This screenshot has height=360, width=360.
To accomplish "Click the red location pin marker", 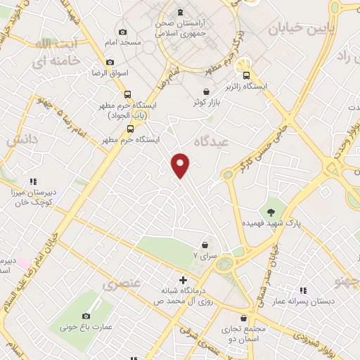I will point(181,165).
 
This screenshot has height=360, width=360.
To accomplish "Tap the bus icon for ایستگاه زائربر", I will point(246,76).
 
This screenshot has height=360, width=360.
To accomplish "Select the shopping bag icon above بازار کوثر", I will point(205,92).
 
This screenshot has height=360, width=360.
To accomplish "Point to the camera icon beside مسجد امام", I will point(124,32).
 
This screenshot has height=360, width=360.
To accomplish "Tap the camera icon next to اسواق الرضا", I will point(110,63).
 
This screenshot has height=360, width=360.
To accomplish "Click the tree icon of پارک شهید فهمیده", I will point(271,212).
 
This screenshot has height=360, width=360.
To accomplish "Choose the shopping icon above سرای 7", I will point(205,245).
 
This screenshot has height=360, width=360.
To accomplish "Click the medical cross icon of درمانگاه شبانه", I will point(184,281).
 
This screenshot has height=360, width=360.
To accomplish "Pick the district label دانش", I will point(21,141).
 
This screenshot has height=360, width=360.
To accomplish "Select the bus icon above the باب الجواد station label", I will point(127,94).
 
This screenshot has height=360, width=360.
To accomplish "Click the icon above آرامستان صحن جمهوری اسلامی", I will point(180,12).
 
